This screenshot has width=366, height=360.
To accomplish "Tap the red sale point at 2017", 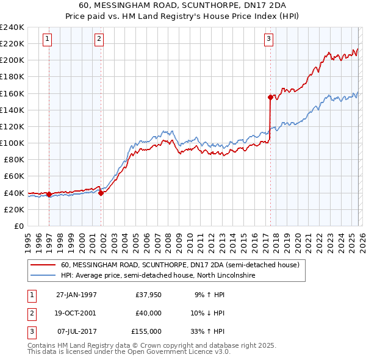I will coord(270,97).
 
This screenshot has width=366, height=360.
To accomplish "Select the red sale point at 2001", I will coord(101,193).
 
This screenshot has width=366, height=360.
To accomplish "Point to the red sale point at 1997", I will coord(49,195).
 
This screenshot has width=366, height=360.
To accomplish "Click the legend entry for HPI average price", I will coord(157,276).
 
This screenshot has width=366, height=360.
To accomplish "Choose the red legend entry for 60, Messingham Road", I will coord(179,265).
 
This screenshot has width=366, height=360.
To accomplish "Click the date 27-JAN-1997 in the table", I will coord(76,295).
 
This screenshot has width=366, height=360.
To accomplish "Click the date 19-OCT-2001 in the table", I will coord(76,313).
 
